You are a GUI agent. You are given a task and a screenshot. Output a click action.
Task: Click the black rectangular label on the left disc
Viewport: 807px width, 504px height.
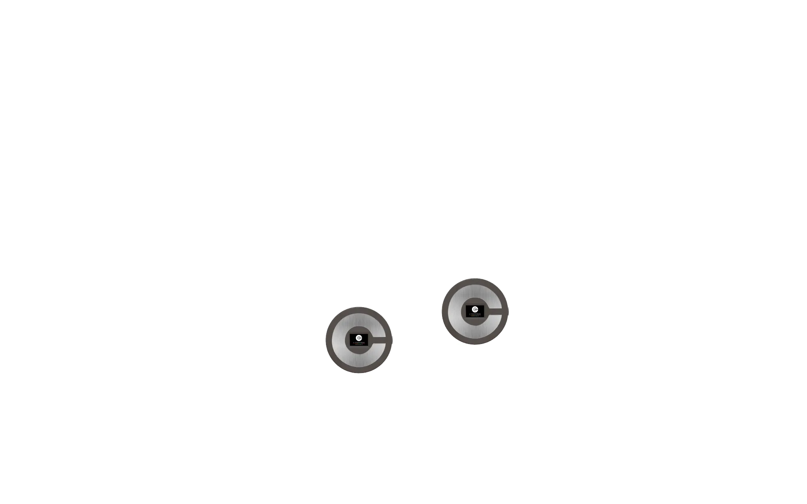pos(359,339)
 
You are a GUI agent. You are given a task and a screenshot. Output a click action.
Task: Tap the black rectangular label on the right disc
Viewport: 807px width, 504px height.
pos(475,311)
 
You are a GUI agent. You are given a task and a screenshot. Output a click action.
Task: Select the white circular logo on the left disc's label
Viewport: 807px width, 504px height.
pos(359,337)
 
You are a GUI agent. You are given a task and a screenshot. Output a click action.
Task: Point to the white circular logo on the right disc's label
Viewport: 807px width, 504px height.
pos(475,309)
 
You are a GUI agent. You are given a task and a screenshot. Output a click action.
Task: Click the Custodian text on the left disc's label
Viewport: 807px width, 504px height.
pos(359,343)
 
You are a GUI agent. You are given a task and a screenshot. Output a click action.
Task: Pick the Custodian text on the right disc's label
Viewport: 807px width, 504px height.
pos(475,314)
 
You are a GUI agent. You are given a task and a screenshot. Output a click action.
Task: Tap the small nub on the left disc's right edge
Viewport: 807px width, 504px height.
pos(393,340)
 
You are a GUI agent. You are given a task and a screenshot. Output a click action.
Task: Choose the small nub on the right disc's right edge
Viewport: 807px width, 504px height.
pos(509,311)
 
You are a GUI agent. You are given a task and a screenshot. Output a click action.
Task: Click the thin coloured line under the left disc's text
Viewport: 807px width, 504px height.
pos(359,344)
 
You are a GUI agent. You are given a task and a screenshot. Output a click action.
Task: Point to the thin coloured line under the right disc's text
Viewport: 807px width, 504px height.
pos(475,316)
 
